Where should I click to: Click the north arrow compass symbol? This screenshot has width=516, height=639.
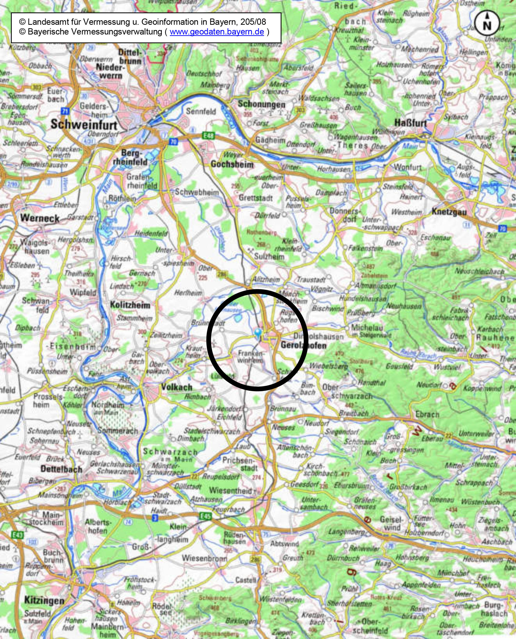pos(487,23)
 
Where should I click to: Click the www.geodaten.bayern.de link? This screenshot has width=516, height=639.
pos(217,32)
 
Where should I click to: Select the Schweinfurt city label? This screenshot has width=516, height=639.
pos(84,124)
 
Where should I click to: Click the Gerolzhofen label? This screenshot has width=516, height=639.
pos(303,345)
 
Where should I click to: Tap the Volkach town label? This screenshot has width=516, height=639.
pos(177,387)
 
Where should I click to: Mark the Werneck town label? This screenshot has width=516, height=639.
pos(40,218)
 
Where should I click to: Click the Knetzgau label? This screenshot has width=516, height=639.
pos(449,212)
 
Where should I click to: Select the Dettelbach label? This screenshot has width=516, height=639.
pos(61,469)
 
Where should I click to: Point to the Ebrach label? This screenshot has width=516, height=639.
pos(427,414)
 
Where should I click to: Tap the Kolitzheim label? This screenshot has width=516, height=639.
pos(130,305)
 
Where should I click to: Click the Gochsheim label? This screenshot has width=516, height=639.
pos(232,164)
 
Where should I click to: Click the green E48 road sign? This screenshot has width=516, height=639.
pos(208,136)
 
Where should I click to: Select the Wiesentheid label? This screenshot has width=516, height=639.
pos(230,490)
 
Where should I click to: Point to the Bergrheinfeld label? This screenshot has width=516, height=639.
pos(130,158)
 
